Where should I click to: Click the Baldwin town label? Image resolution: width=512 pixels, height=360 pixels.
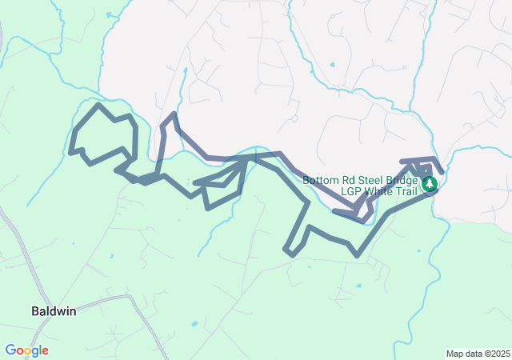coord(54,310)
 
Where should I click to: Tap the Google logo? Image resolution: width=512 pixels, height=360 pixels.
coord(26,350)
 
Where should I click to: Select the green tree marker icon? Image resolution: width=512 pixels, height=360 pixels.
coord(430,184)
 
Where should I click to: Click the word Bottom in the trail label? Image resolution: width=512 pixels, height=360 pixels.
coord(321,180)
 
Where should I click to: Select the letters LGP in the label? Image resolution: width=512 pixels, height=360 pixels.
coord(350,191)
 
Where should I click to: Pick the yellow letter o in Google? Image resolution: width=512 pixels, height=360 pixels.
coord(26,351)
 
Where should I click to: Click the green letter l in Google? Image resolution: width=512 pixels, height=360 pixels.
coord(40,350)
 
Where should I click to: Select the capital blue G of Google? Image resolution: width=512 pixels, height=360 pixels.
coord(10,350)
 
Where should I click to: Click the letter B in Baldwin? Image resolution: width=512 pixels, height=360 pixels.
coord(35,310)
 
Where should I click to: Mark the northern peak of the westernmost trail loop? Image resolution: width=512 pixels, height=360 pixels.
coord(98,104)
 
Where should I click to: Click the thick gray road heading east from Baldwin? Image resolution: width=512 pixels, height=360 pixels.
coord(104,299)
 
